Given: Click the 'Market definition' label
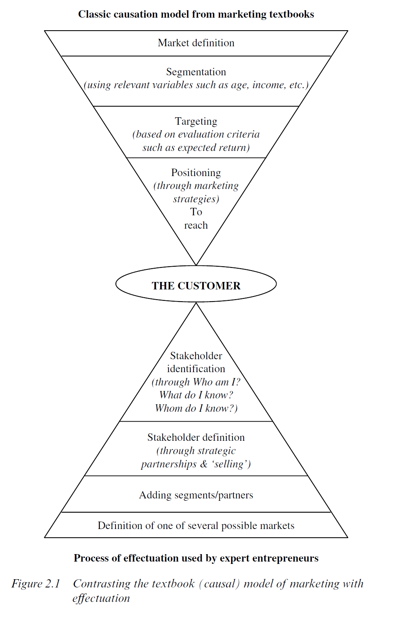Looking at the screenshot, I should tap(196, 43).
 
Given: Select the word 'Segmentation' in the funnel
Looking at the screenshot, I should tap(196, 72).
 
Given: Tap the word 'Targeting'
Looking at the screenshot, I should tap(196, 121).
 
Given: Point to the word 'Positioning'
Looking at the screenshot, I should tap(196, 173).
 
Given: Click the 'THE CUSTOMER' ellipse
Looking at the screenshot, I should tap(196, 285).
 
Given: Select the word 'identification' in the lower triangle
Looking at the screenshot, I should tap(196, 369).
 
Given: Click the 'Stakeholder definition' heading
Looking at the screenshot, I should tap(196, 437).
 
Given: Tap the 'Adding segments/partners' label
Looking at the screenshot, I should tap(196, 495).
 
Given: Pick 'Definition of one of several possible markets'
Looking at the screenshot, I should tap(196, 525).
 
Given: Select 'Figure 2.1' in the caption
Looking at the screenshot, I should tap(36, 584).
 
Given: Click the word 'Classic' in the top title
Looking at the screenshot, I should tap(94, 15).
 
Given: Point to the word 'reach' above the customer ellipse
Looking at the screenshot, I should tap(196, 225).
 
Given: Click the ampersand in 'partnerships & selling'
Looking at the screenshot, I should tap(204, 464).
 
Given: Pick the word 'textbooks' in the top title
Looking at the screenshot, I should tap(292, 15).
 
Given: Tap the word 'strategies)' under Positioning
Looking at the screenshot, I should tap(196, 199).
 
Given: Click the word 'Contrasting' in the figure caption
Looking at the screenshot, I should tap(101, 584).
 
